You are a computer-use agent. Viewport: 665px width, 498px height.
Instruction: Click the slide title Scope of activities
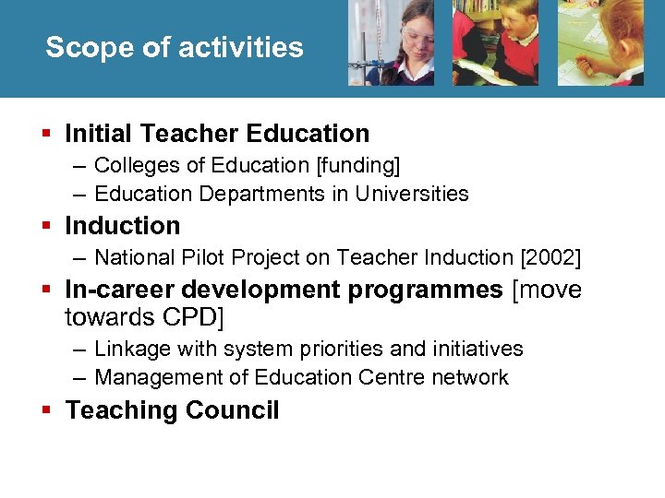[x=174, y=47]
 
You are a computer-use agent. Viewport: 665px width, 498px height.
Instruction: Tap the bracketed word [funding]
[x=358, y=166]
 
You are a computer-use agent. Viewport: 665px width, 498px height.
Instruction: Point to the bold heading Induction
[x=123, y=226]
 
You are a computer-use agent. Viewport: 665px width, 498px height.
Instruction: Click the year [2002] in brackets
[x=552, y=258]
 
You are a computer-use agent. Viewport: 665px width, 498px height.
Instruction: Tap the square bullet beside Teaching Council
[x=49, y=410]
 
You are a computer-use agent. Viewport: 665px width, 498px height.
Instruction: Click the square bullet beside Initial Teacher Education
[x=49, y=134]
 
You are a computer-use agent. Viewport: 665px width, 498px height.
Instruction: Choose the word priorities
[x=330, y=350]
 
